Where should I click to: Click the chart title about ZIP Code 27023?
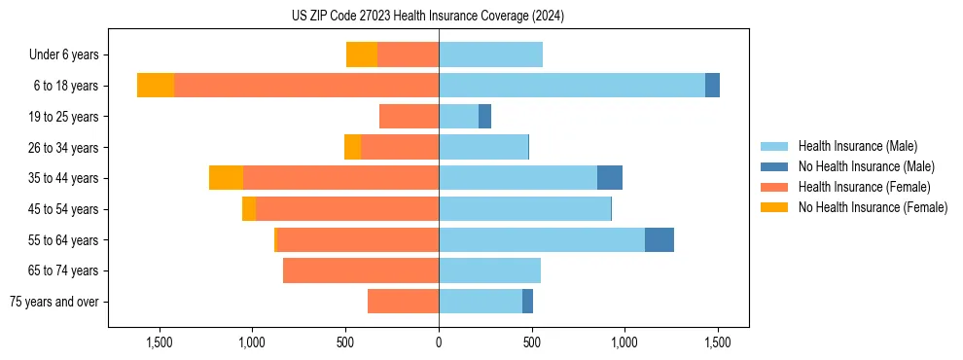tap(428, 17)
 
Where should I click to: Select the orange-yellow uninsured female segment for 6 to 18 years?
tap(156, 86)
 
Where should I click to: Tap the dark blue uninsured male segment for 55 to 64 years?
tap(660, 239)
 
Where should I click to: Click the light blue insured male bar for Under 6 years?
tap(490, 54)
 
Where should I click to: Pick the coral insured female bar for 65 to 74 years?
tap(361, 270)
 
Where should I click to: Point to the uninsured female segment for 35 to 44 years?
tap(226, 178)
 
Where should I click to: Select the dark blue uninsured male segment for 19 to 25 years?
tap(484, 117)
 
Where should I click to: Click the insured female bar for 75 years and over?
tap(403, 302)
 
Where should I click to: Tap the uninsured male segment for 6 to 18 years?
tap(712, 86)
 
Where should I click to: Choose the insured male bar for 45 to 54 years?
tap(524, 209)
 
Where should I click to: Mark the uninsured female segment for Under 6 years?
tap(362, 54)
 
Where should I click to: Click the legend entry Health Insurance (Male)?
tap(857, 146)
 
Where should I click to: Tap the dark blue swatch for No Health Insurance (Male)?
tap(774, 166)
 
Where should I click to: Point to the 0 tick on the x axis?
tap(439, 342)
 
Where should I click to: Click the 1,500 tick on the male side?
tap(717, 342)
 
